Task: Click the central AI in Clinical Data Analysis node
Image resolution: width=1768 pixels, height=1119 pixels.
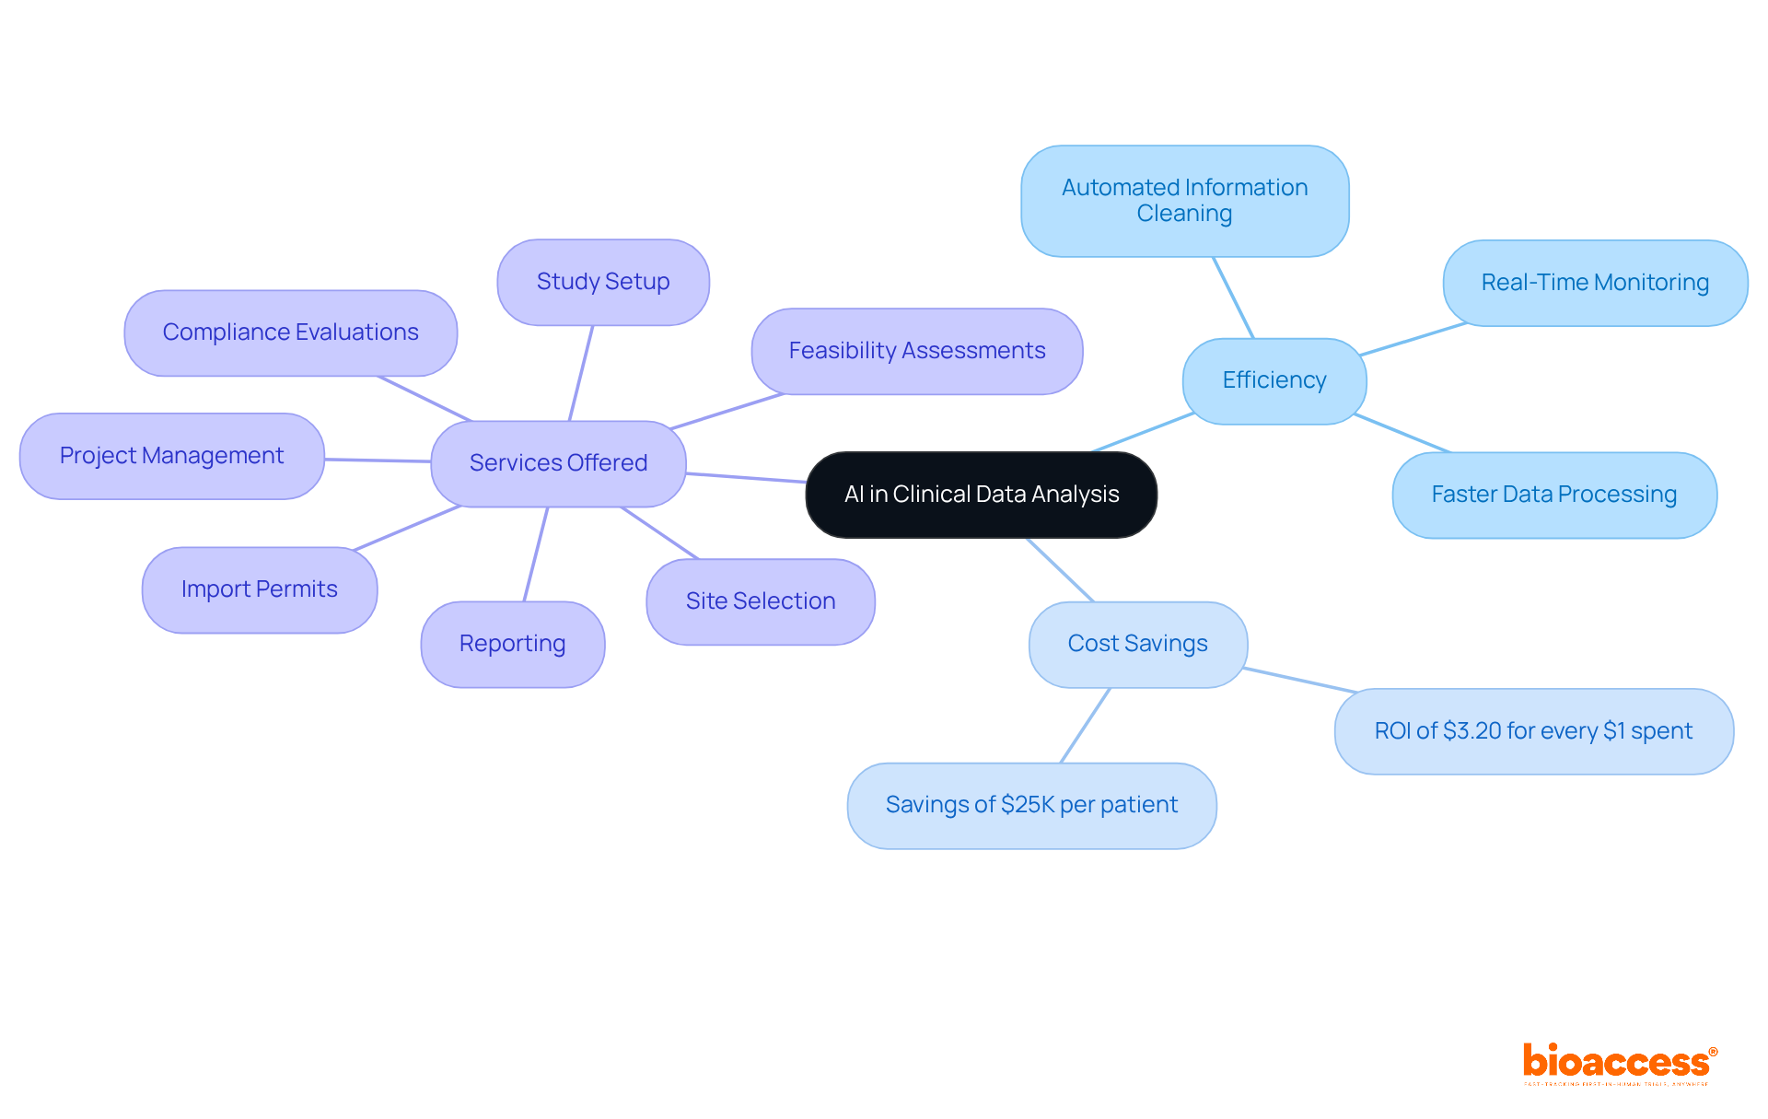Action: pos(981,495)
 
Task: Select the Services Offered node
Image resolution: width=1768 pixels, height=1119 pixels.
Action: pos(558,463)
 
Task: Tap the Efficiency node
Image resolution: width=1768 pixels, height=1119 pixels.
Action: pos(1274,380)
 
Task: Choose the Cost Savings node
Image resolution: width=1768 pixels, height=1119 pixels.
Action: pos(1137,644)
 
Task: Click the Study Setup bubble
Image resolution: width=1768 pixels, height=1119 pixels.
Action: pos(603,282)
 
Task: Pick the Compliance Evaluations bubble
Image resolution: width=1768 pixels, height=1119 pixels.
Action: pos(290,332)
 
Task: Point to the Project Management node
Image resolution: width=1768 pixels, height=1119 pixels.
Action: pos(171,456)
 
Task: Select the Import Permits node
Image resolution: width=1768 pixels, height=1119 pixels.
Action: pos(259,589)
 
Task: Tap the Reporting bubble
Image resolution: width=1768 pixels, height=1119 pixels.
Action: pos(512,644)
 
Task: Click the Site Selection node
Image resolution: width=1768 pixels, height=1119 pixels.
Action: pos(761,601)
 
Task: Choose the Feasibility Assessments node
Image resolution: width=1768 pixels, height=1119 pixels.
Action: pos(916,351)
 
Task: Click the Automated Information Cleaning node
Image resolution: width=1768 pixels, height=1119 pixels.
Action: pos(1184,201)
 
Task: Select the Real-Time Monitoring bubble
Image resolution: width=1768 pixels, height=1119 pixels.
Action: pos(1595,283)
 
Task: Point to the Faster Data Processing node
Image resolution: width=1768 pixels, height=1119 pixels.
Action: pos(1553,495)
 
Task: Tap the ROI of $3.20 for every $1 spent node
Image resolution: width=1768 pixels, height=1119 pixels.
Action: pos(1533,731)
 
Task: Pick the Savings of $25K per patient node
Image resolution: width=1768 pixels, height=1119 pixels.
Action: pos(1031,805)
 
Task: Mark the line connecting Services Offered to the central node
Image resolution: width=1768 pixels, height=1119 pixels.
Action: pos(746,477)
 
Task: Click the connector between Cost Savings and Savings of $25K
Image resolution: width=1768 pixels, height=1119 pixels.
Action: pos(1086,725)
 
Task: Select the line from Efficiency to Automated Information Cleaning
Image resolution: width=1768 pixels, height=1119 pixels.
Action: pos(1234,297)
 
